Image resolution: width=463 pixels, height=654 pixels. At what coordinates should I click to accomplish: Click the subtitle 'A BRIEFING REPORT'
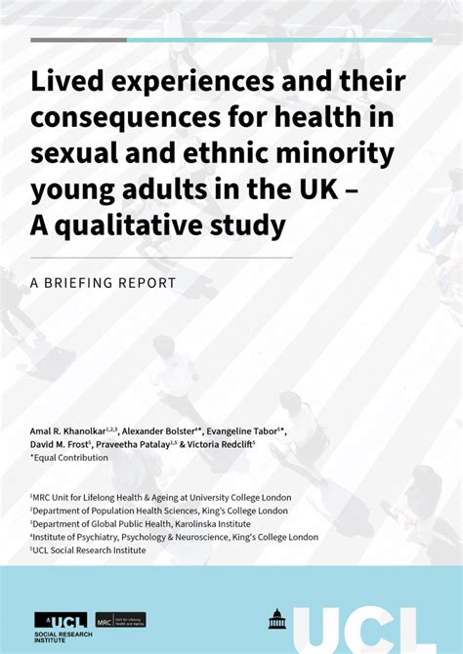click(x=103, y=283)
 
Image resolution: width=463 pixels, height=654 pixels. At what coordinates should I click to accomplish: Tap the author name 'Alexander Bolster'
click(x=160, y=430)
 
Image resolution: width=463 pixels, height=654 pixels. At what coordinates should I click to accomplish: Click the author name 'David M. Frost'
click(x=61, y=444)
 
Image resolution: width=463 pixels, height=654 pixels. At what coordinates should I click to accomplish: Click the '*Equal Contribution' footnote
click(x=70, y=457)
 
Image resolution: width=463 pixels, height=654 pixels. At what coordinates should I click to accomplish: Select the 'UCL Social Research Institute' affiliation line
click(x=90, y=550)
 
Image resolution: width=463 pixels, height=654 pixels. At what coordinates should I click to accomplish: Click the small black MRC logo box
click(x=119, y=620)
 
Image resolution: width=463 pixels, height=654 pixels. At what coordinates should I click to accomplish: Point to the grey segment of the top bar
click(x=78, y=40)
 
